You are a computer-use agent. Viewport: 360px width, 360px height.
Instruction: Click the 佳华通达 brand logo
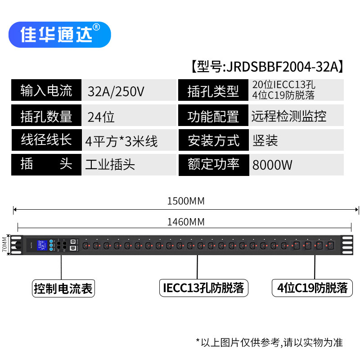[59, 35]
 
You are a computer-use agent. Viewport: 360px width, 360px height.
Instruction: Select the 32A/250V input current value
[116, 92]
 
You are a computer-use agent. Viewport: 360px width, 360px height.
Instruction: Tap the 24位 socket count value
[101, 117]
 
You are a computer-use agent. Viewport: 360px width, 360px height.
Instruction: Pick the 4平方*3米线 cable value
[121, 141]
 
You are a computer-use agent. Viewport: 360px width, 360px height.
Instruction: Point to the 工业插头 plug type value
[110, 164]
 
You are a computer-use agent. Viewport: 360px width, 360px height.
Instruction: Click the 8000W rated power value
[272, 165]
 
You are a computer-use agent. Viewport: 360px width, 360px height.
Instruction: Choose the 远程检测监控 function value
[289, 117]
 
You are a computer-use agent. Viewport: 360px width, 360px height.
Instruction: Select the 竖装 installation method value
[265, 141]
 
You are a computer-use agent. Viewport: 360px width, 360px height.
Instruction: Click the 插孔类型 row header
[213, 92]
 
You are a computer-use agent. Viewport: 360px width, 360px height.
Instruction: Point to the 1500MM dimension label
[185, 201]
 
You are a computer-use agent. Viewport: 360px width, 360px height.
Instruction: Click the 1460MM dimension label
[185, 222]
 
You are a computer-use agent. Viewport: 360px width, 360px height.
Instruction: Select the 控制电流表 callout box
[63, 288]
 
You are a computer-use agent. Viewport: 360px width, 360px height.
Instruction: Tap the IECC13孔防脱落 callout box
[203, 288]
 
